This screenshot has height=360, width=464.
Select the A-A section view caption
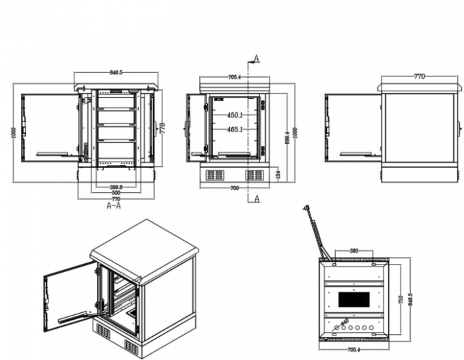pyautogui.click(x=114, y=205)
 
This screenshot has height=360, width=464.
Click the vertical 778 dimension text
pyautogui.click(x=163, y=128)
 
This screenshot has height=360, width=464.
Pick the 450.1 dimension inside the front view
pyautogui.click(x=236, y=115)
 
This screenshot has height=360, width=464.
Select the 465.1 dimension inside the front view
pyautogui.click(x=236, y=129)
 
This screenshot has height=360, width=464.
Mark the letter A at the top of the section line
pyautogui.click(x=256, y=57)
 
